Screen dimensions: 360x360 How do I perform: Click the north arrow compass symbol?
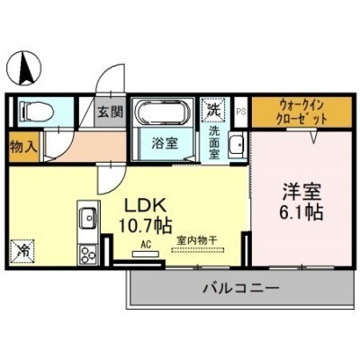tap(24, 67)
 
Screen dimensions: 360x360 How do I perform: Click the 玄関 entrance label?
tap(110, 112)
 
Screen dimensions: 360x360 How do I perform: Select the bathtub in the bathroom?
tap(163, 112)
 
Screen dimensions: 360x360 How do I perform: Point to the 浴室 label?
tap(165, 143)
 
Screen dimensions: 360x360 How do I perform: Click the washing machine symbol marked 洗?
tap(214, 111)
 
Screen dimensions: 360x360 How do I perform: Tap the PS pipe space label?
tap(241, 112)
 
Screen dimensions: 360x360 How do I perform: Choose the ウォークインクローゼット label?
tap(302, 112)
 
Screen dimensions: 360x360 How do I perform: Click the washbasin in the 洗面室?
tap(238, 145)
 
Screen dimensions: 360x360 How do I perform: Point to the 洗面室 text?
tap(214, 143)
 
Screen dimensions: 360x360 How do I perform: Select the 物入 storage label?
tap(23, 148)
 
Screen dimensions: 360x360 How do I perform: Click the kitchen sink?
tap(88, 218)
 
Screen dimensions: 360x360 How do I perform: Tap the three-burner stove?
tap(88, 255)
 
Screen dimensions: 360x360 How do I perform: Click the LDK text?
tap(146, 206)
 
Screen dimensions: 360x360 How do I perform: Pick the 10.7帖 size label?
tap(146, 226)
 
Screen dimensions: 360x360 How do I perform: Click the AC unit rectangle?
tap(146, 255)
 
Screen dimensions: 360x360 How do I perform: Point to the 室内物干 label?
tap(197, 240)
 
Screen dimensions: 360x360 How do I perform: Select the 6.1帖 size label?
tap(301, 212)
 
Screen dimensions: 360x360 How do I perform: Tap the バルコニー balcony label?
tap(242, 289)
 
